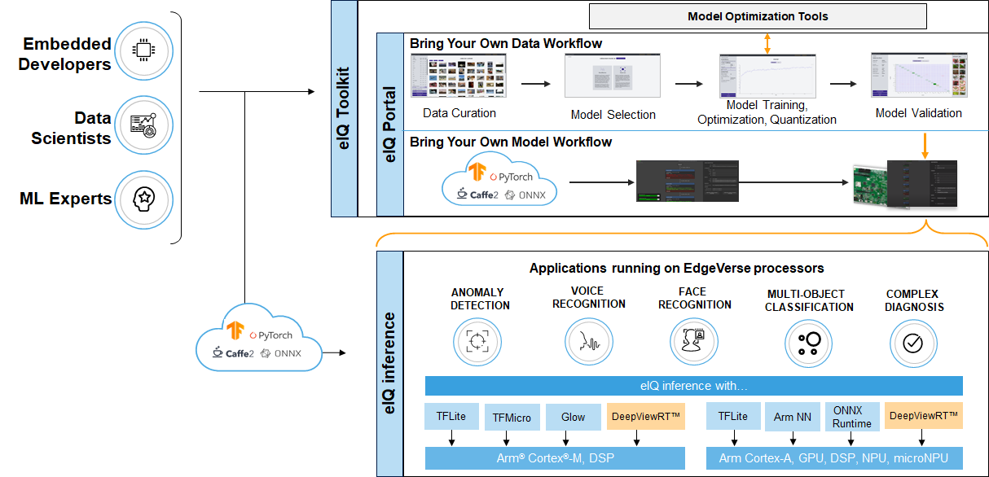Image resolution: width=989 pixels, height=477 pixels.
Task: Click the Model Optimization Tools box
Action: [758, 16]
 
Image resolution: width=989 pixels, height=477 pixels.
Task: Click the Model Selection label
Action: [613, 115]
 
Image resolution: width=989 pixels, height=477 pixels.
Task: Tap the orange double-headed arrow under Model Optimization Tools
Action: [766, 43]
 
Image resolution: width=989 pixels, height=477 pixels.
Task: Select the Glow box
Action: [573, 417]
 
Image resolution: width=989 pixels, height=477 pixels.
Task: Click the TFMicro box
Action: [512, 418]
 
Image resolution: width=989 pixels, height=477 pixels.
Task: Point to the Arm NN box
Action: [792, 417]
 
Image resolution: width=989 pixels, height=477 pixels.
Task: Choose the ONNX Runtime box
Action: [851, 417]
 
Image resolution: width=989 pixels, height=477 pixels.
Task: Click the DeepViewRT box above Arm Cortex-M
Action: [645, 417]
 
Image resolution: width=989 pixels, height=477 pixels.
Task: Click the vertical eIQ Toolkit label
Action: [344, 107]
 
